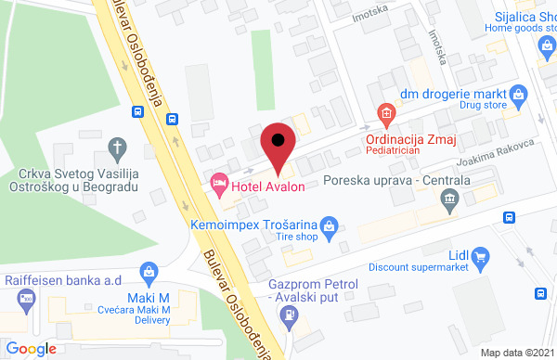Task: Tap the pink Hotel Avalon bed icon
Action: (x=219, y=183)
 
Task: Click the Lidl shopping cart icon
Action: (x=480, y=256)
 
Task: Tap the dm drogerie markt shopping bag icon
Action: (x=519, y=94)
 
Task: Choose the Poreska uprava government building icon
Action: (x=450, y=198)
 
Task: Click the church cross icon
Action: (x=117, y=147)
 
